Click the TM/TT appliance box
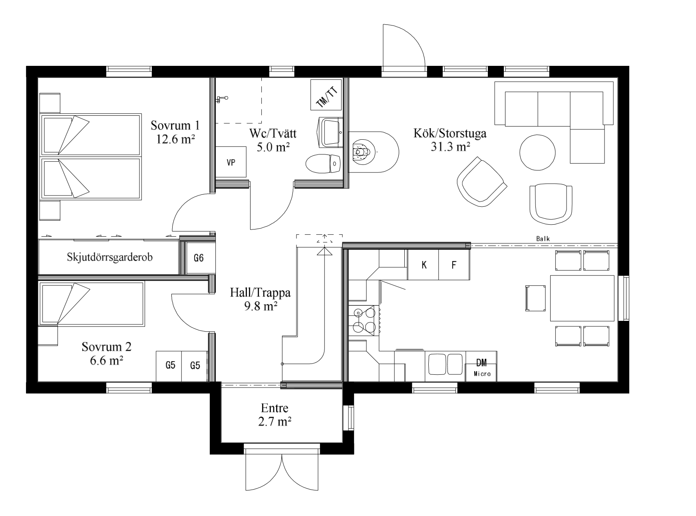coord(326,95)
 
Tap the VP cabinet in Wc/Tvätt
coord(231,162)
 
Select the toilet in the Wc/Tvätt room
coord(323,164)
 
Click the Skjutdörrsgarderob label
coord(110,257)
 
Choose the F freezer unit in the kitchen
coord(454,265)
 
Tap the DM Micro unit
coord(481,366)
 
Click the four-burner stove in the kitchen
coord(364,320)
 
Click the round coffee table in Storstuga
coord(537,152)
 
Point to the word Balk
coord(543,239)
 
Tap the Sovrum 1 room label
coord(175,125)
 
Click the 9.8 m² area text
coord(260,306)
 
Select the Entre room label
coord(274,408)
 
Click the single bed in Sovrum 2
coord(91,303)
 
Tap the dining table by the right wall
coord(582,298)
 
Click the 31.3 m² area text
coord(450,147)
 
